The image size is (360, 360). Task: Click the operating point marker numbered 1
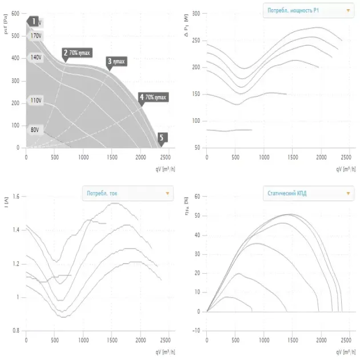[x=34, y=22]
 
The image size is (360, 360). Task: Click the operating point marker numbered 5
[x=162, y=138]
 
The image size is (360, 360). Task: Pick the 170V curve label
[x=36, y=35]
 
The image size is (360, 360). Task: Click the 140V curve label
[x=36, y=58]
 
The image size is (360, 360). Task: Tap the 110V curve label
[x=36, y=101]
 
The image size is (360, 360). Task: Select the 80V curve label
[x=35, y=130]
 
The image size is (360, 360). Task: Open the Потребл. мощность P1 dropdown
[x=307, y=10]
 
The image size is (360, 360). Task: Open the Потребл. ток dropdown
[x=127, y=193]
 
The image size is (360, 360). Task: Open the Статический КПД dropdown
[x=307, y=193]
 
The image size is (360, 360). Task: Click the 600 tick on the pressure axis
[x=15, y=14]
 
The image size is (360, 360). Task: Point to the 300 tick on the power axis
[x=196, y=14]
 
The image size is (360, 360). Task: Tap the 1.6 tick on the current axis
[x=15, y=197]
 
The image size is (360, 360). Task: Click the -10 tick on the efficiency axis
[x=195, y=331]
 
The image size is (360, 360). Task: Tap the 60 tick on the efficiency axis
[x=197, y=197]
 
